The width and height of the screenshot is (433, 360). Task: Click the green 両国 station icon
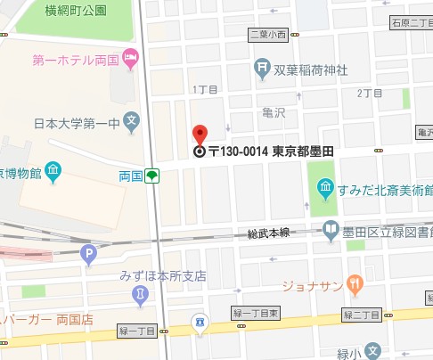click(x=153, y=176)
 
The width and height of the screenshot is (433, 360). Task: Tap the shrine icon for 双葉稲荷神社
click(x=262, y=65)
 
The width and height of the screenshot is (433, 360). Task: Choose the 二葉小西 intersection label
click(x=269, y=35)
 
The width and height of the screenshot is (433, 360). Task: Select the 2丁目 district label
click(x=369, y=93)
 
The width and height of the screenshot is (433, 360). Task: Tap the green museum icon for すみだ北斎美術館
click(x=325, y=188)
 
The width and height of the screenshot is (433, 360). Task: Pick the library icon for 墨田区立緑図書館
click(x=331, y=230)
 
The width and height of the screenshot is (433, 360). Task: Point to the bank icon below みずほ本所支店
click(x=139, y=293)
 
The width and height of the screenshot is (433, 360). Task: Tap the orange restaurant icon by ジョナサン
click(x=355, y=285)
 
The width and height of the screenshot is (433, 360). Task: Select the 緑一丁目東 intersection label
click(x=257, y=315)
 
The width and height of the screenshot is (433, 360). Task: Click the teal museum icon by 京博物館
click(x=53, y=169)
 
